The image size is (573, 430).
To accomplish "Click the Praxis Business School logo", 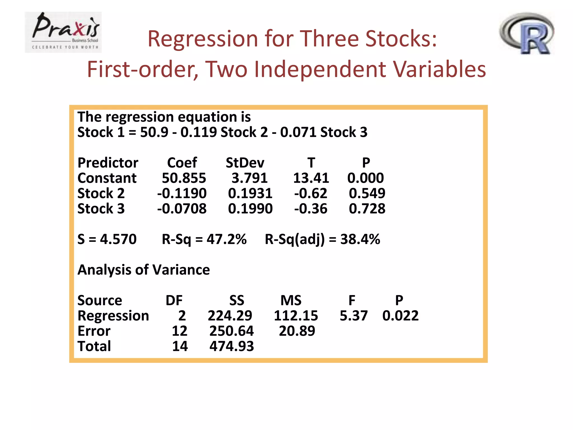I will click(x=63, y=32).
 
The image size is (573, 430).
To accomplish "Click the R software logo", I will click(x=527, y=33).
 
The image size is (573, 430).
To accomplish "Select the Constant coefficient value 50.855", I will click(x=184, y=178).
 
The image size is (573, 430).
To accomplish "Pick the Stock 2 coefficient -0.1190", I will click(x=182, y=193).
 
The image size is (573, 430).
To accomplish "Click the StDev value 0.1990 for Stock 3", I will click(x=250, y=209).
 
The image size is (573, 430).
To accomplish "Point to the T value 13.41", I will click(x=311, y=178).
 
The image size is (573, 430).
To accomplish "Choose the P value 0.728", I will click(x=367, y=209).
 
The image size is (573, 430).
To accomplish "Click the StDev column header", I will click(x=245, y=163).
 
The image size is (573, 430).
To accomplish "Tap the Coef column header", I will click(x=182, y=163).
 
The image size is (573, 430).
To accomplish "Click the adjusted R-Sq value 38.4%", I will click(x=360, y=239).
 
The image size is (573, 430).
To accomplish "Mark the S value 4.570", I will click(x=118, y=239).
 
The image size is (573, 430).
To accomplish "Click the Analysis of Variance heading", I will click(x=144, y=270).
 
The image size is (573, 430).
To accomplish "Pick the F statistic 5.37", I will click(x=353, y=316).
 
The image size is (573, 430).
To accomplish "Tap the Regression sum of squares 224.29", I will click(x=230, y=316).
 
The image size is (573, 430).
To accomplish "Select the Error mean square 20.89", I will click(x=297, y=331).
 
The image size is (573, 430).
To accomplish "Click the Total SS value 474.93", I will click(x=232, y=346).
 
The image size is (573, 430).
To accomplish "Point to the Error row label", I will click(x=94, y=331).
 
